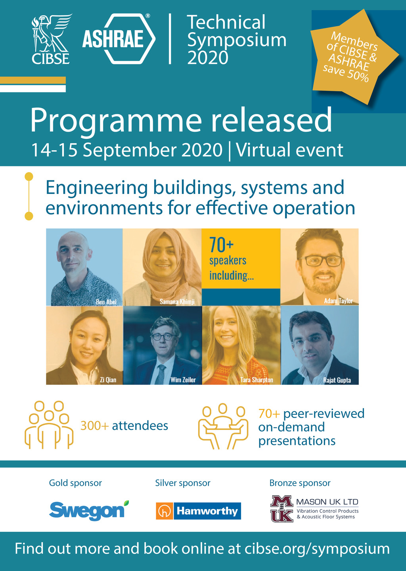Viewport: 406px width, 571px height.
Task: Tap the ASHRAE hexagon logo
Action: click(119, 38)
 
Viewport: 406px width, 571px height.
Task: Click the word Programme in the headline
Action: click(116, 120)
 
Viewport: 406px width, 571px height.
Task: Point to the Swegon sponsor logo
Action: click(89, 510)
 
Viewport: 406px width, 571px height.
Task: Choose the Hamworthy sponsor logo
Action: click(198, 511)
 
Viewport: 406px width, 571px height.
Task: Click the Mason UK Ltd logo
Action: click(314, 509)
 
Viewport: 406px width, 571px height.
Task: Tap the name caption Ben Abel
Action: click(106, 302)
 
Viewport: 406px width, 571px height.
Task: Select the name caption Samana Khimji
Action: click(177, 302)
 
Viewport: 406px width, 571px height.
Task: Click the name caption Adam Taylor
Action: click(338, 301)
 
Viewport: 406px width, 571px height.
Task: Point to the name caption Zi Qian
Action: click(108, 380)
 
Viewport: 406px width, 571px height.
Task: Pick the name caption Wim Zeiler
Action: click(183, 380)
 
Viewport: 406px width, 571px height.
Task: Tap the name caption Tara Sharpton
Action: click(257, 380)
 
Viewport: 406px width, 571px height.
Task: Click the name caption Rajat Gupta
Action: click(337, 380)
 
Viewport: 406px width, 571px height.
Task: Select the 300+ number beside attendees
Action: click(94, 426)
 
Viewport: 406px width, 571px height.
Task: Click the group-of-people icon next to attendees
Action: click(49, 425)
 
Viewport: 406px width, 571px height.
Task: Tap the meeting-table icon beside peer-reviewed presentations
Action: click(223, 426)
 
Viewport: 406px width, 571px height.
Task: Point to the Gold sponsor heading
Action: click(75, 483)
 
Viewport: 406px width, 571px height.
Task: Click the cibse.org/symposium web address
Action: click(317, 549)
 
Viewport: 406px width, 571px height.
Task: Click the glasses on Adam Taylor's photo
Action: click(320, 261)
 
